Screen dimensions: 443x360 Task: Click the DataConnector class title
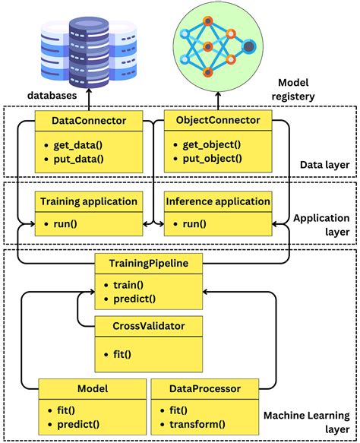click(89, 120)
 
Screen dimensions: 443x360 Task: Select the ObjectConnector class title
click(218, 120)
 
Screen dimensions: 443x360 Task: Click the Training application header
click(89, 201)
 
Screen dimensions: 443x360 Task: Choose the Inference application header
click(218, 201)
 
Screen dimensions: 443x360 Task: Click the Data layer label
click(324, 164)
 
